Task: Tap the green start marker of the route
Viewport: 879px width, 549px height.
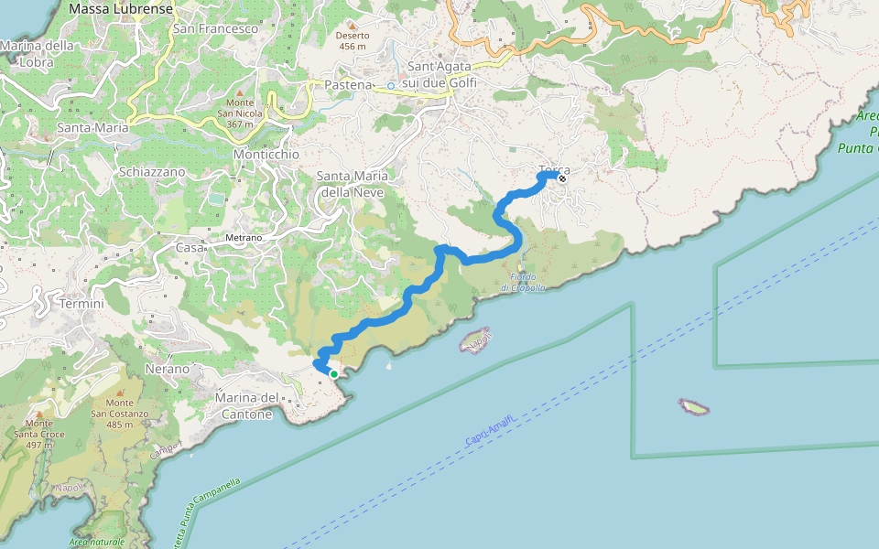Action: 334,374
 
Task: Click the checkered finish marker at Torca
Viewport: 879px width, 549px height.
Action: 561,178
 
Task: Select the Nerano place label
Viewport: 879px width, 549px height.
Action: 167,369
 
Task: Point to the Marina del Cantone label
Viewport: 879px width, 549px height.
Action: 244,405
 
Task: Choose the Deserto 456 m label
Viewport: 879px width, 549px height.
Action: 352,40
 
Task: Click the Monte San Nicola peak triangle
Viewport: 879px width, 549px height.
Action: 240,92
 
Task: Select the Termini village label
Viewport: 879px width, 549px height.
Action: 81,303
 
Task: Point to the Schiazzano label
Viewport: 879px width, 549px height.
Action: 152,171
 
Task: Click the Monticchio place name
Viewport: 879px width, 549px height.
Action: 266,155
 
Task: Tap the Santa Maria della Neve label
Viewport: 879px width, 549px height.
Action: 352,184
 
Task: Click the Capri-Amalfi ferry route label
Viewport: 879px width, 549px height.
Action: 491,429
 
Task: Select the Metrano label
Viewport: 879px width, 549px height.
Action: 244,238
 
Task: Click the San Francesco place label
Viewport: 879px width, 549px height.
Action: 215,28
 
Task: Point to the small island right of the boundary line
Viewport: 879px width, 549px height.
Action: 693,404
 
